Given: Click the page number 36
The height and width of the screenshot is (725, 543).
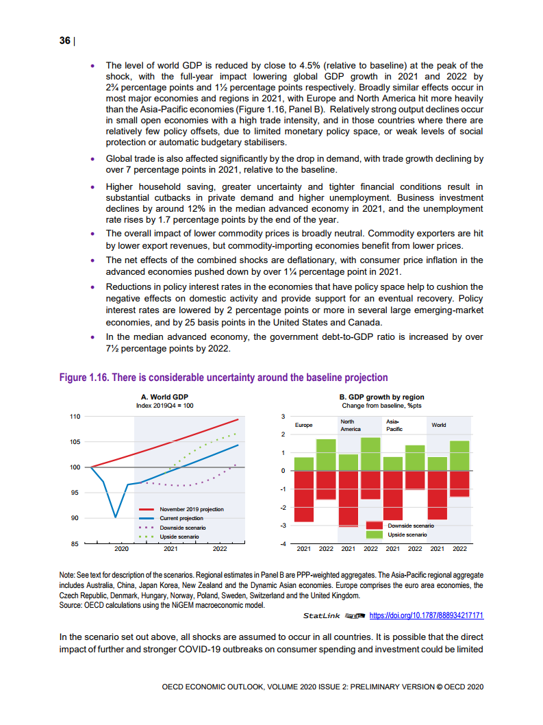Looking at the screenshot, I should tap(65, 40).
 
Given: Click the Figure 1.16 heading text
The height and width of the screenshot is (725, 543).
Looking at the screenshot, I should tap(223, 378).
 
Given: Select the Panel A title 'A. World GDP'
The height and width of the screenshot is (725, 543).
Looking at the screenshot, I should tap(164, 397).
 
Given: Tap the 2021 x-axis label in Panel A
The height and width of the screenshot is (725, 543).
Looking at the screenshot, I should tap(171, 550).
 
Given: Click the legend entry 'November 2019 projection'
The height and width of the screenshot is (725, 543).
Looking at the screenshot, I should tap(191, 509).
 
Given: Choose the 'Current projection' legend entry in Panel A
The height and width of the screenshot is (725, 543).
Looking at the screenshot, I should tap(181, 518).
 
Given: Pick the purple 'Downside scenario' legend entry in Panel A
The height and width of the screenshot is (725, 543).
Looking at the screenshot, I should tap(182, 528).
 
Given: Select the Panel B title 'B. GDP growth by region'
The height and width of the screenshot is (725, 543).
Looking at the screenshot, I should tap(381, 397).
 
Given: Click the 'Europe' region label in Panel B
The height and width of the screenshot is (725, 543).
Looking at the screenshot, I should tap(303, 425).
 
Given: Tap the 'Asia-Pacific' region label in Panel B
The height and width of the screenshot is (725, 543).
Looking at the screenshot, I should tap(394, 425).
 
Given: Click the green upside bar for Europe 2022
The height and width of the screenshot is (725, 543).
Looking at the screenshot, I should tap(326, 455).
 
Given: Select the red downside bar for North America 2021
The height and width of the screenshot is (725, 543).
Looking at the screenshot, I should tap(348, 498).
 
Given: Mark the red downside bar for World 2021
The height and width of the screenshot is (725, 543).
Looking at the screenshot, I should tap(438, 495).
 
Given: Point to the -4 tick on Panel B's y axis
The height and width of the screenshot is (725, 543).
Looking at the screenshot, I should tap(282, 544).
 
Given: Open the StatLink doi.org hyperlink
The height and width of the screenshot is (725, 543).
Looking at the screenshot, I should tap(427, 615).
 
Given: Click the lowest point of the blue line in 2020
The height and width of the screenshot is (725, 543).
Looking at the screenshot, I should tap(116, 517).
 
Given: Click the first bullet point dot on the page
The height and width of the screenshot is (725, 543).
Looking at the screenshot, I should tap(93, 66).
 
